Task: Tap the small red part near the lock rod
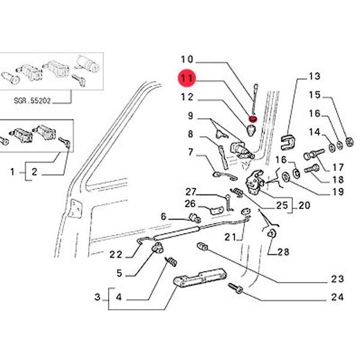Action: [x=253, y=118]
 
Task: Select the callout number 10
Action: [x=187, y=59]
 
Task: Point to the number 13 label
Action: [x=315, y=76]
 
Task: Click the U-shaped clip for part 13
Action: [x=289, y=142]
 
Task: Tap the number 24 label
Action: [x=337, y=297]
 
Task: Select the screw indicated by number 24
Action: [x=236, y=290]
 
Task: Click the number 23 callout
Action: [x=337, y=278]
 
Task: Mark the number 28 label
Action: [x=283, y=252]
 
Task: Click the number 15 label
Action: [x=315, y=95]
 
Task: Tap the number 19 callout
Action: [x=337, y=192]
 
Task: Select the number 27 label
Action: [x=190, y=192]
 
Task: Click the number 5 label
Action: [x=119, y=273]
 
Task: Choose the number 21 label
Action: [x=230, y=237]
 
